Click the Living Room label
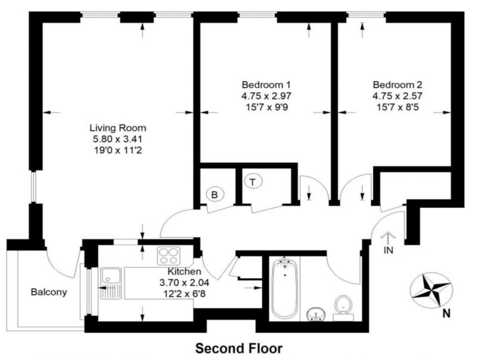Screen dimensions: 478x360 (118, 127)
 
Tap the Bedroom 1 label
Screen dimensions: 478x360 (266, 84)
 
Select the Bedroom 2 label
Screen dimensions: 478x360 (397, 84)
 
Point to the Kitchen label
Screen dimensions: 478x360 (185, 271)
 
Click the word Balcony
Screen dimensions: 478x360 (49, 292)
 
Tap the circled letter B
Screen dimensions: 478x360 (215, 194)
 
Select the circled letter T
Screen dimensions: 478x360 (253, 182)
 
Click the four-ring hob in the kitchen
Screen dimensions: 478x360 (168, 256)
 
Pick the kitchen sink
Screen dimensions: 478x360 (111, 283)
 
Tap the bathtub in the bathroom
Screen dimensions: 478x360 (285, 288)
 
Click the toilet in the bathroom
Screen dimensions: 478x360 (343, 307)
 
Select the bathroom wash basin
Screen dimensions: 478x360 (316, 314)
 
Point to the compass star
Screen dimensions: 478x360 (431, 290)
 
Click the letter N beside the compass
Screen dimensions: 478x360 (446, 313)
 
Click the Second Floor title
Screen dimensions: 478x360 (239, 348)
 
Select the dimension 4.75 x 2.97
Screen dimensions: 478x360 (266, 96)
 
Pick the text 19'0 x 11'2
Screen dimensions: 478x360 (118, 150)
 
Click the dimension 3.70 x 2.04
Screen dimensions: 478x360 (185, 282)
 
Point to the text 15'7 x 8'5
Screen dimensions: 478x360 (397, 107)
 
